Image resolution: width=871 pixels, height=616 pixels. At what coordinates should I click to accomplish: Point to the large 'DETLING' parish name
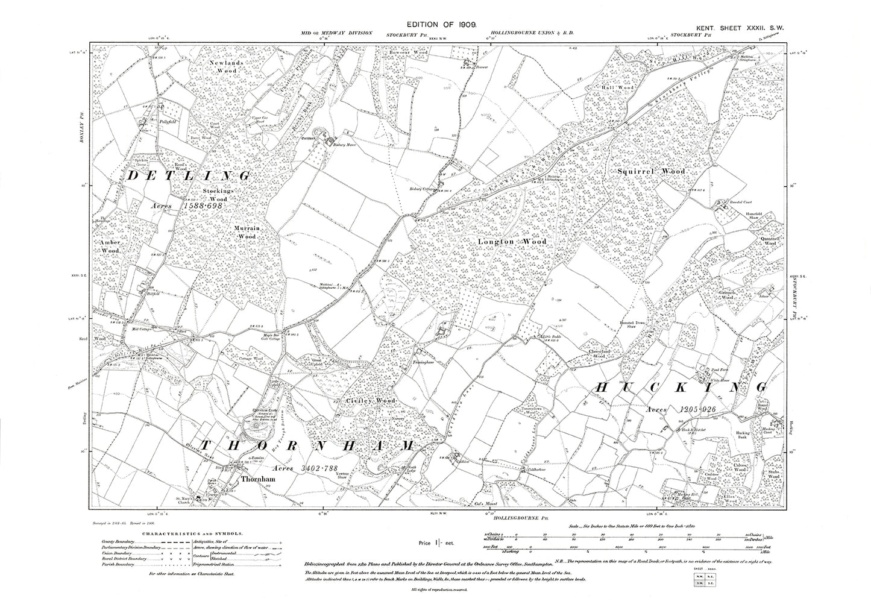[188, 176]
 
